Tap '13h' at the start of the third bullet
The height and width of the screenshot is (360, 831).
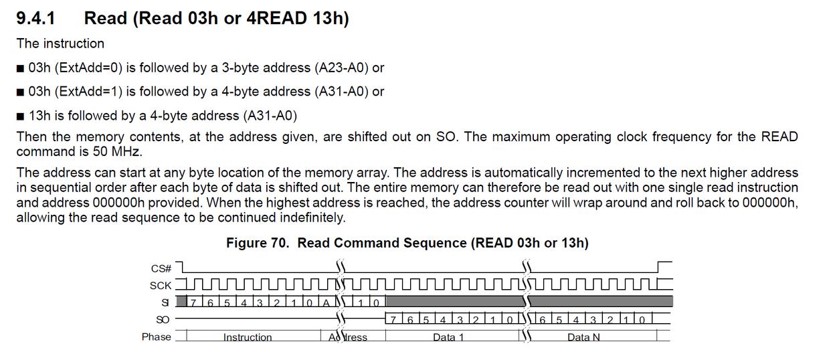[x=39, y=115]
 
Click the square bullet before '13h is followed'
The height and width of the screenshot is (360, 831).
[x=21, y=116]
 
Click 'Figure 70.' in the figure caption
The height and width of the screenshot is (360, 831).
[x=258, y=243]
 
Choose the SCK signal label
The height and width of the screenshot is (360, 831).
[x=161, y=286]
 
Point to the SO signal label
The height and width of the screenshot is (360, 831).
[x=163, y=320]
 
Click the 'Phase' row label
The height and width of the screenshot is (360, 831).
[x=156, y=337]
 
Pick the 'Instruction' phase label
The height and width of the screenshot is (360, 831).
[x=248, y=337]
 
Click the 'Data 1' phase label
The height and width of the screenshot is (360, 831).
[x=448, y=337]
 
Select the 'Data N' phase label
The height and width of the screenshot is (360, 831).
[x=583, y=337]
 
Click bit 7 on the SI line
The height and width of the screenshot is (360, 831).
[x=194, y=302]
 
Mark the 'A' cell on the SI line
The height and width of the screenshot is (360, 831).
[x=327, y=302]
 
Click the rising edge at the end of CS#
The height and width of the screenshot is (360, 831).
[x=658, y=268]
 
